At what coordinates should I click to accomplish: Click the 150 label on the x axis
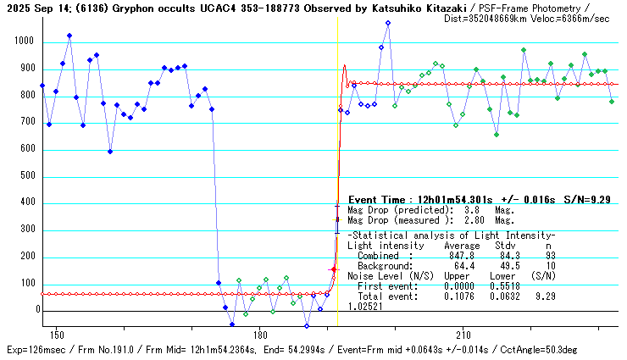click(57, 335)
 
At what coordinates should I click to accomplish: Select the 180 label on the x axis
click(260, 335)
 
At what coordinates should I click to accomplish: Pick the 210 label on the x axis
click(463, 335)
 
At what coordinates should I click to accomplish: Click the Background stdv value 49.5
click(503, 265)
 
